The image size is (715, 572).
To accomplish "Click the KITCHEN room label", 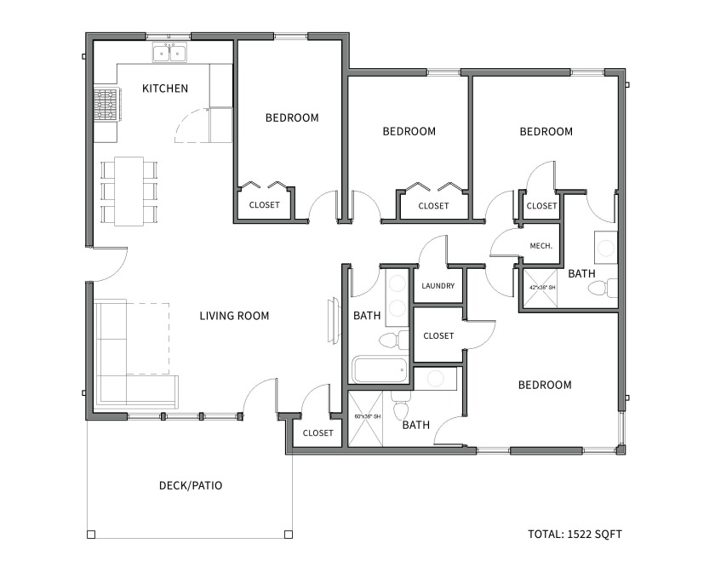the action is [165, 88].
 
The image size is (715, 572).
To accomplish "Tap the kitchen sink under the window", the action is [169, 53].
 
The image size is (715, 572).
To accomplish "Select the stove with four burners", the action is [107, 105].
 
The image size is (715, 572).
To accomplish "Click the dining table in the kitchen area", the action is [129, 192].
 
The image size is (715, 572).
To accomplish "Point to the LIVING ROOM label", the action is [234, 316].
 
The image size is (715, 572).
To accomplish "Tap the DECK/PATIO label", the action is [191, 485].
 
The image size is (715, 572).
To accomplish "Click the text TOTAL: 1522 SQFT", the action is [575, 535].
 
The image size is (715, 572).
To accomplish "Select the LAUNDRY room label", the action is [438, 286].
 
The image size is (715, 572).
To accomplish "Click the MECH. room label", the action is [541, 246].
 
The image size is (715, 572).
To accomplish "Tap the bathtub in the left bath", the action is [380, 369].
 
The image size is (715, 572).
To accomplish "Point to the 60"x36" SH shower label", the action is [368, 416].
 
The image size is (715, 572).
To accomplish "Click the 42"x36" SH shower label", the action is [542, 288].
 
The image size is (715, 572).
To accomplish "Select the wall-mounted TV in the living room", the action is [334, 320].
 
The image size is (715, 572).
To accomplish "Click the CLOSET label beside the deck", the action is [317, 433].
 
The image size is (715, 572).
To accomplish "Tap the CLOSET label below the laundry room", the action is [438, 335].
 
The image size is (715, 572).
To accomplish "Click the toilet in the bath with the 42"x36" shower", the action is [603, 288].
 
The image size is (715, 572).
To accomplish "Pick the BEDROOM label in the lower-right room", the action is [545, 385].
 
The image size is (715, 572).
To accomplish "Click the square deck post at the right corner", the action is [289, 535].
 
